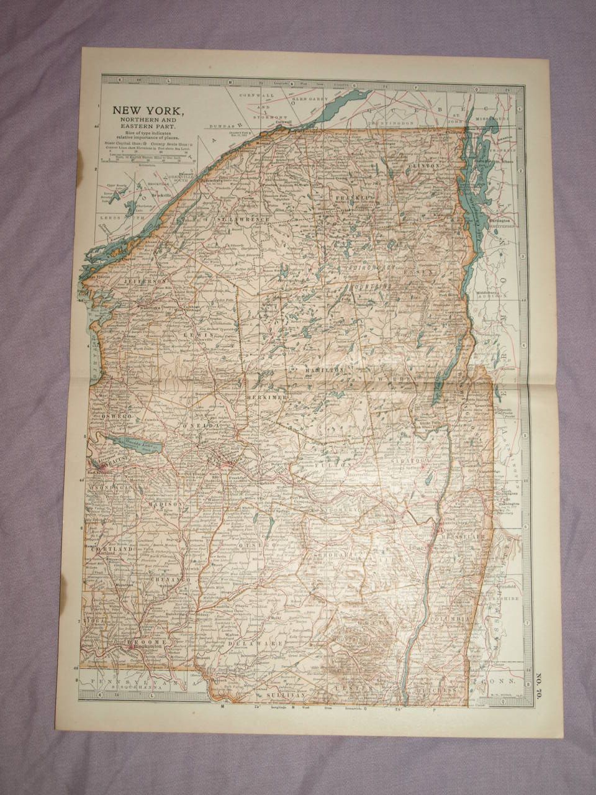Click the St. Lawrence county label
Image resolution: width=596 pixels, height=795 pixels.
(x=242, y=219)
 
